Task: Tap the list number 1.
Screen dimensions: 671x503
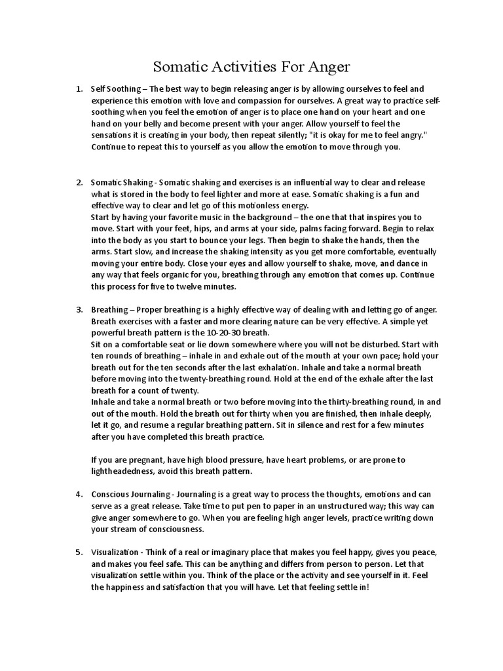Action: (78, 88)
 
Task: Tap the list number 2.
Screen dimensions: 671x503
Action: (78, 182)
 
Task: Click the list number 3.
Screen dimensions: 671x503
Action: (78, 309)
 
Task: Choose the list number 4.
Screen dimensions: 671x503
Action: (78, 494)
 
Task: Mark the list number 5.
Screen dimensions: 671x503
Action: (78, 552)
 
